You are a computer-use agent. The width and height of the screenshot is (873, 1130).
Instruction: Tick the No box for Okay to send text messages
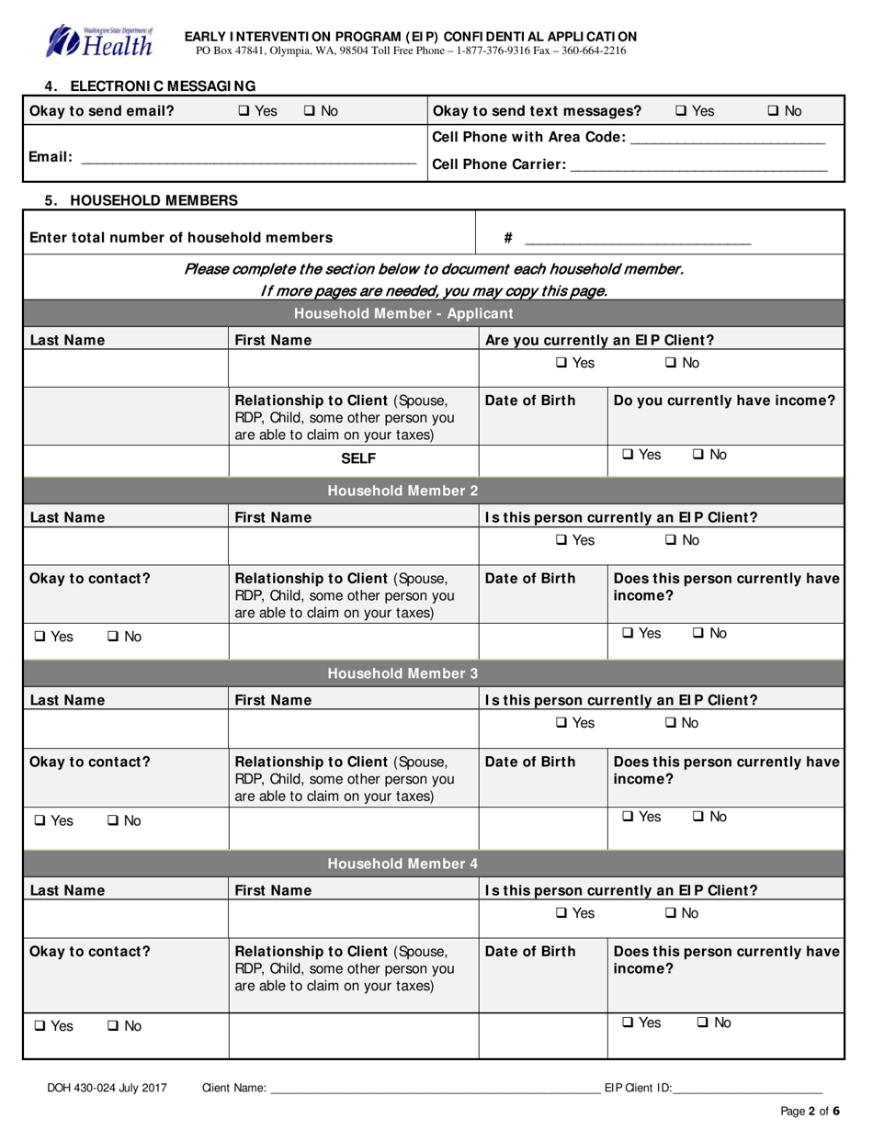click(773, 111)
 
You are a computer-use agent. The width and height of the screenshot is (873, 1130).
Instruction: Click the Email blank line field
click(248, 158)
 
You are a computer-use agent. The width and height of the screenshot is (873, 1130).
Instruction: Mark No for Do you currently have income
click(697, 454)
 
